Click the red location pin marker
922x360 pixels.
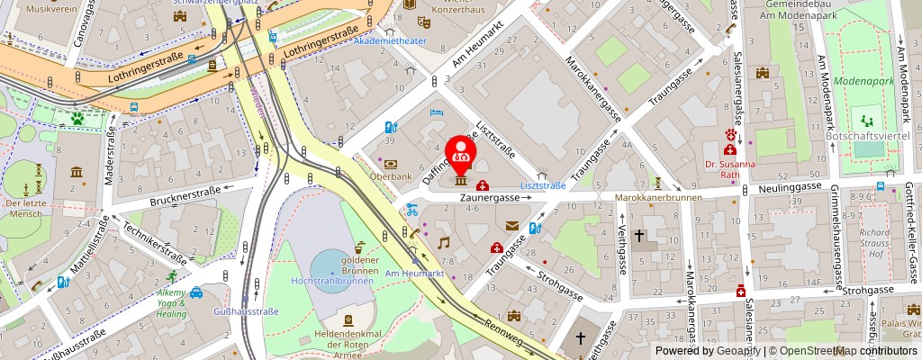461,152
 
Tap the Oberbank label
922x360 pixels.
389,176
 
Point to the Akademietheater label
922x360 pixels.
391,41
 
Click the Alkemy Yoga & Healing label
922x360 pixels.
171,303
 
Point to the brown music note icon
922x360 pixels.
443,243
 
